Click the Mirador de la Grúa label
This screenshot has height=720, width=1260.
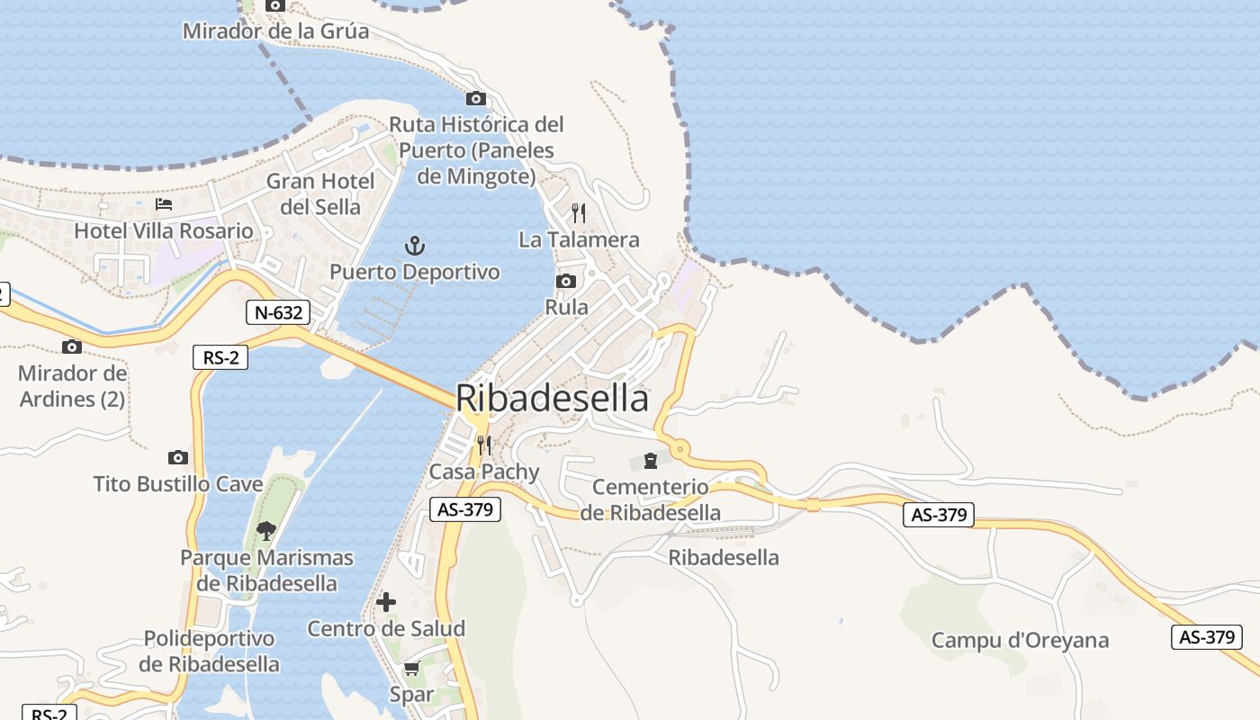tap(275, 31)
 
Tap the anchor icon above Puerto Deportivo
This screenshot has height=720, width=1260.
tap(414, 245)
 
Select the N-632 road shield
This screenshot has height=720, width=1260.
tap(278, 312)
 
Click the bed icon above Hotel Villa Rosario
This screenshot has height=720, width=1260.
tap(164, 204)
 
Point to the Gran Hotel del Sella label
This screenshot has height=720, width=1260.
tap(320, 193)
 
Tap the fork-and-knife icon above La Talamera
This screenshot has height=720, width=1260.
tap(579, 213)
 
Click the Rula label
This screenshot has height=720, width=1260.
tap(567, 307)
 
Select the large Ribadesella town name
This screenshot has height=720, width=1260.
tap(552, 398)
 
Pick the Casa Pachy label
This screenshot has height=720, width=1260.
tap(484, 472)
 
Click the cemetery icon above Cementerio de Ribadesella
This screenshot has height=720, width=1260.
tap(651, 461)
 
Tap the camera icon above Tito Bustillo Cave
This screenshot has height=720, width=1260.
tap(178, 457)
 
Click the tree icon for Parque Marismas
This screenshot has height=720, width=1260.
tap(266, 530)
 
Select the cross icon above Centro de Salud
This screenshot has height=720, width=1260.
tap(386, 601)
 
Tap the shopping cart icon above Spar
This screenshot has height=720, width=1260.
tap(412, 668)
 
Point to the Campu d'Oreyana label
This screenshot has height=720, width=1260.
tap(1020, 641)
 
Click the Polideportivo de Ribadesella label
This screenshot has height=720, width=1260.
tap(209, 652)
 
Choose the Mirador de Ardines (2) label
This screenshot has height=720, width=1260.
tap(73, 385)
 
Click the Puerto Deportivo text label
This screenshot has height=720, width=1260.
tap(415, 272)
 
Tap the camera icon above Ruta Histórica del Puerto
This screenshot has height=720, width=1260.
tap(476, 98)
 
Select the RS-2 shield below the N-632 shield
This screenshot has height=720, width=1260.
tap(220, 357)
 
